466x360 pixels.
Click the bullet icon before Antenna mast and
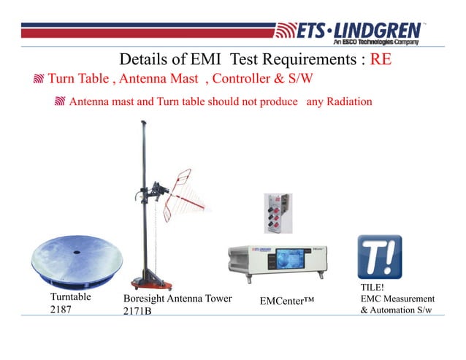tap(61, 102)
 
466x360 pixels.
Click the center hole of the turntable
tap(77, 253)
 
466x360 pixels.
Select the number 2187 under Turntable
tap(62, 310)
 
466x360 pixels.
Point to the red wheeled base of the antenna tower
tap(150, 281)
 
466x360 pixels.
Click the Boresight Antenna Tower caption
tap(177, 299)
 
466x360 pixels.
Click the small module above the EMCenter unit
tap(276, 212)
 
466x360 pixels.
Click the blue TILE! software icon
tap(379, 257)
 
